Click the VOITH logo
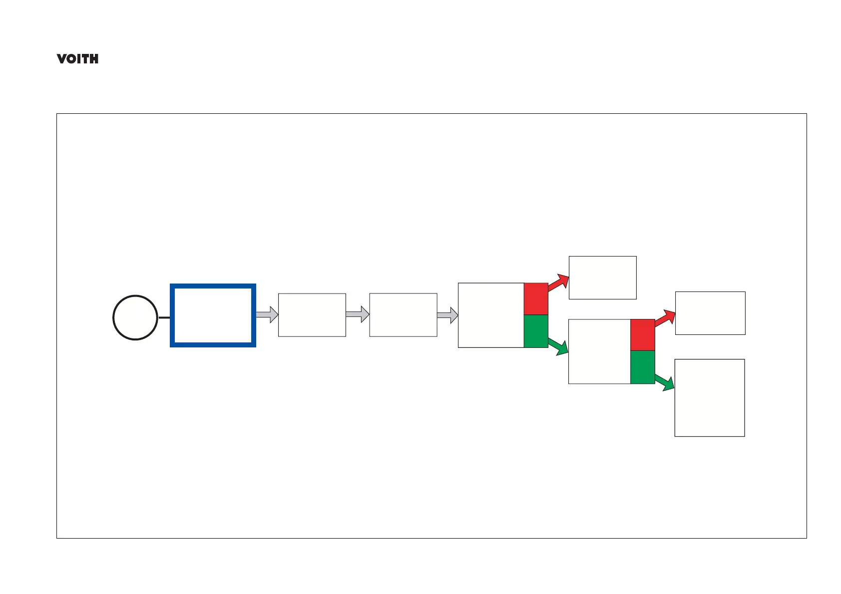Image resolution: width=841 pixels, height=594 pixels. [77, 59]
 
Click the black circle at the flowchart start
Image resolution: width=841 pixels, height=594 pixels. [135, 317]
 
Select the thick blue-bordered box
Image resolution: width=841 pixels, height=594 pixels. [213, 315]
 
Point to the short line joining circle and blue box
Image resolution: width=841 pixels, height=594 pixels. [164, 317]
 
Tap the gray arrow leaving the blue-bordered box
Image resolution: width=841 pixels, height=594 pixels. [267, 314]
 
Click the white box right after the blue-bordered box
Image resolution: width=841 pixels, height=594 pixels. [312, 315]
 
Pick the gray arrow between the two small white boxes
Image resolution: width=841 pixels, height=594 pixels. [358, 314]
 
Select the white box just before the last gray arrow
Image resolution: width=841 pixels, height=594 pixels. [403, 315]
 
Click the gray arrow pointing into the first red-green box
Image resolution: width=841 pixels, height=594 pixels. [447, 315]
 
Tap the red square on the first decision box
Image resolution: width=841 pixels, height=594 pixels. [536, 299]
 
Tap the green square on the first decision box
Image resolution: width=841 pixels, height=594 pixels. [536, 331]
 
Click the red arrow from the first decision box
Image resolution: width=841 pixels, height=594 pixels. [559, 283]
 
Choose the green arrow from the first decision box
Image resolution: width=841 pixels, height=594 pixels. [558, 346]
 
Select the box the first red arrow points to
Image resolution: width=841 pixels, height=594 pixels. [602, 278]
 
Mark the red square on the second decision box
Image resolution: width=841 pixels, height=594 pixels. [642, 335]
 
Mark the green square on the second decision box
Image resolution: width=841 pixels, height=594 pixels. [642, 367]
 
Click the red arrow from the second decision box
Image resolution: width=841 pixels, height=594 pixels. [665, 318]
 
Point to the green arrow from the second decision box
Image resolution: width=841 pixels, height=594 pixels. [665, 382]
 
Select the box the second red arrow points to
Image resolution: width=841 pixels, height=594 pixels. [710, 313]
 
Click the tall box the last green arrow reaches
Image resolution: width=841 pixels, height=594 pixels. [709, 398]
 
